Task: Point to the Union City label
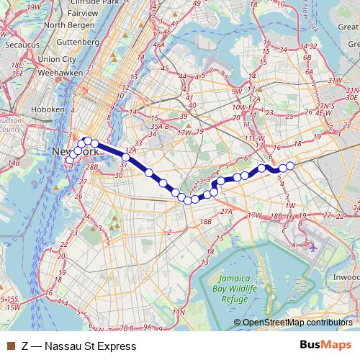58,59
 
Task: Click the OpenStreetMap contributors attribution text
297,323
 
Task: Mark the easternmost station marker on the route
291,166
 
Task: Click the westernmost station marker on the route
69,161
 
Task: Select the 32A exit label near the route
130,149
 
